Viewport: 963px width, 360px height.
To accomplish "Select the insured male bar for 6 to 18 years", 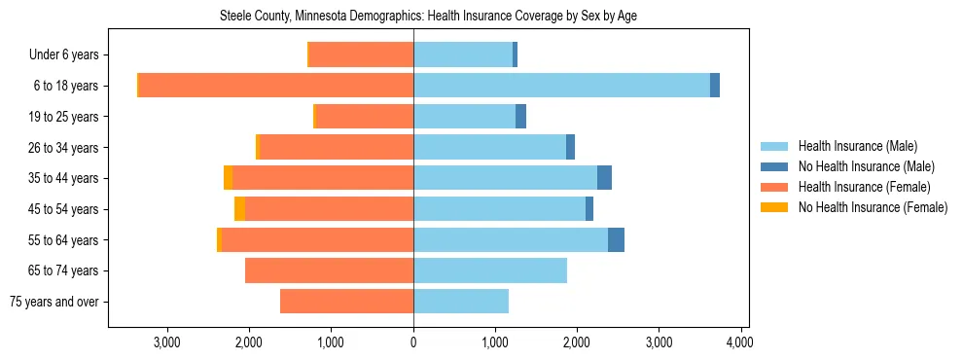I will click(x=561, y=86).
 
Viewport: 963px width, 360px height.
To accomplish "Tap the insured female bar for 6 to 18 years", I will click(x=276, y=86).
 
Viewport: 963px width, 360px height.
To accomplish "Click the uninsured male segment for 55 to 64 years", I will click(x=616, y=239).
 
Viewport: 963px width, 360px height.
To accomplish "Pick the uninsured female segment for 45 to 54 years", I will click(x=239, y=209).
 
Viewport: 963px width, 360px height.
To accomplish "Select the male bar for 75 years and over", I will click(x=461, y=302).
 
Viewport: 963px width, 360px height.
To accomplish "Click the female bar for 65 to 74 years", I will click(x=329, y=270).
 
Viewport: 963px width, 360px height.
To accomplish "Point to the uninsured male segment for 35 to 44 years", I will click(x=604, y=178).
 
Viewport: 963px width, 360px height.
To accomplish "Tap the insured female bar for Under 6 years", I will click(x=361, y=54).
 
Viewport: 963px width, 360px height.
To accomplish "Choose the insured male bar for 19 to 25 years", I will click(x=464, y=117).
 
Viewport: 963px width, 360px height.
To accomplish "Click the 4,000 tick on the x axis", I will click(x=740, y=342).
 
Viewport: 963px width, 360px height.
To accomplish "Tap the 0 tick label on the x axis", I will click(x=413, y=342).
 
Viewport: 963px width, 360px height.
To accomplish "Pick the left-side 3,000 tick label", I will click(x=166, y=342).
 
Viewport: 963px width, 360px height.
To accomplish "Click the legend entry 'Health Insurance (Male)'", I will click(x=857, y=146).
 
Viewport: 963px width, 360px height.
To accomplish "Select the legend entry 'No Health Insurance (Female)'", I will click(x=873, y=207).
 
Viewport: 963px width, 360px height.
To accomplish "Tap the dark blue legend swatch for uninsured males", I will click(x=774, y=166).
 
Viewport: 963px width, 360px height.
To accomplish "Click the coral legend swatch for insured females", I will click(x=774, y=187).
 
